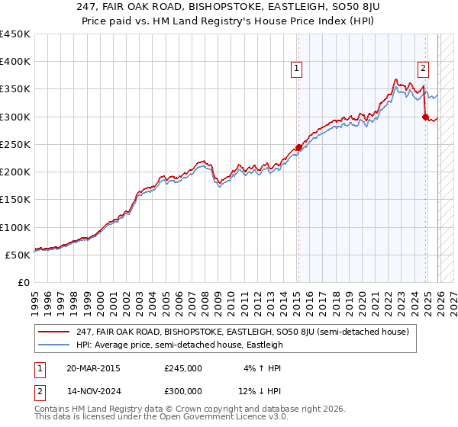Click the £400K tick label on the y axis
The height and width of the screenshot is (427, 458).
tap(15, 62)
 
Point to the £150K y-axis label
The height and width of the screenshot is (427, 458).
tap(15, 200)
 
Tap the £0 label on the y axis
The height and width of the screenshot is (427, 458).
tap(23, 282)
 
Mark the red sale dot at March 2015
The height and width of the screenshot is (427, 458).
tap(298, 147)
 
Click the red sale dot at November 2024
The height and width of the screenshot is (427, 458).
tap(425, 117)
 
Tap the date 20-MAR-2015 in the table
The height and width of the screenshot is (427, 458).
tap(94, 368)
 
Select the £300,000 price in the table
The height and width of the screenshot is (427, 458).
tap(183, 393)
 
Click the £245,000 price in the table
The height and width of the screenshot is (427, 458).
tap(183, 368)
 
